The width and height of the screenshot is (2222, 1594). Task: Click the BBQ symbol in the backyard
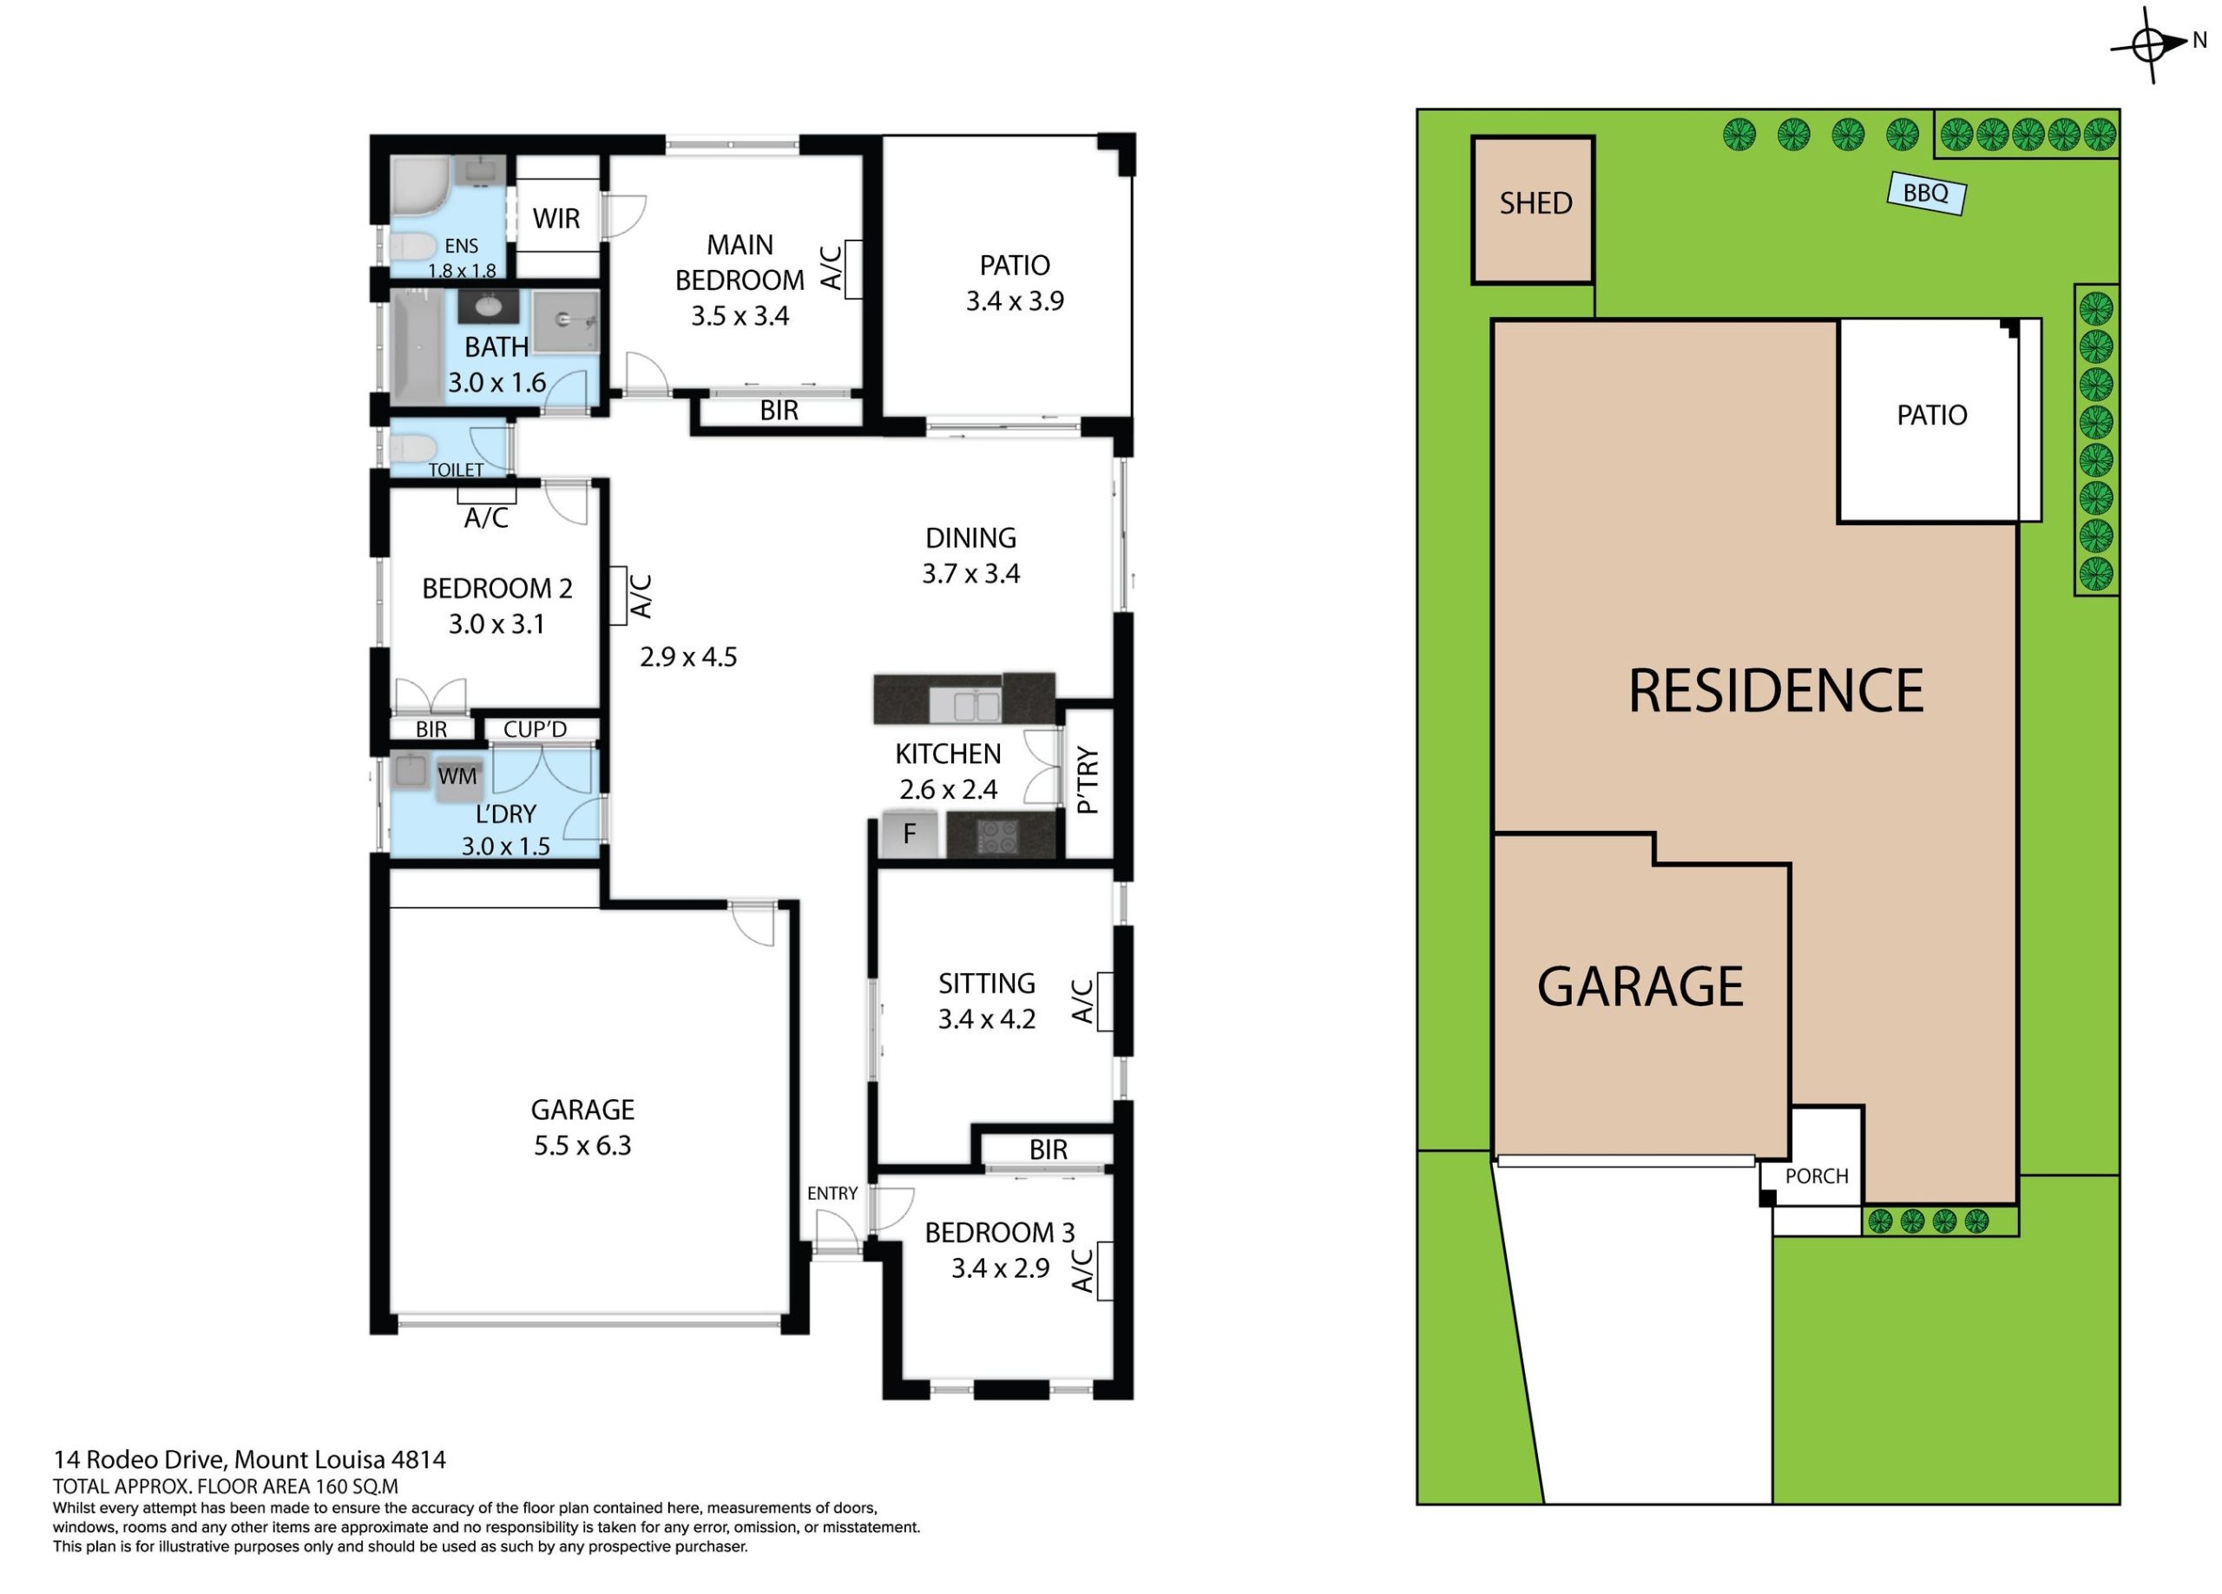point(1926,194)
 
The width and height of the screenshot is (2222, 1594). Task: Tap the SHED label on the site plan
point(1535,203)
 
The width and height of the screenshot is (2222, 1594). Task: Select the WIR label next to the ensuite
point(556,219)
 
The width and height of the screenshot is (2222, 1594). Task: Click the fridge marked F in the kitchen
point(909,833)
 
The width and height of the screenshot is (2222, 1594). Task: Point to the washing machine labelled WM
point(457,780)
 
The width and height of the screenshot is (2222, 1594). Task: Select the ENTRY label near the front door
point(832,1193)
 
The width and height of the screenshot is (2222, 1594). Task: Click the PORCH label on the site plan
point(1817,1176)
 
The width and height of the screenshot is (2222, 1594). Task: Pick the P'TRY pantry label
point(1088,781)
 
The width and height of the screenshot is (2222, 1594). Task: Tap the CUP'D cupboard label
point(535,729)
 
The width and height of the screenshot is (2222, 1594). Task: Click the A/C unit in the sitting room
point(1105,1001)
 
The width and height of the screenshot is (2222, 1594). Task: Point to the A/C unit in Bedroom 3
point(1105,1271)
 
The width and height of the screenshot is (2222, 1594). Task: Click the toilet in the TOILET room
point(412,449)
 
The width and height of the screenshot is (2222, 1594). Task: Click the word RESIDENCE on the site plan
point(1775,691)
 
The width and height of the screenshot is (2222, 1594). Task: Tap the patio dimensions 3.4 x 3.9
point(1015,300)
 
